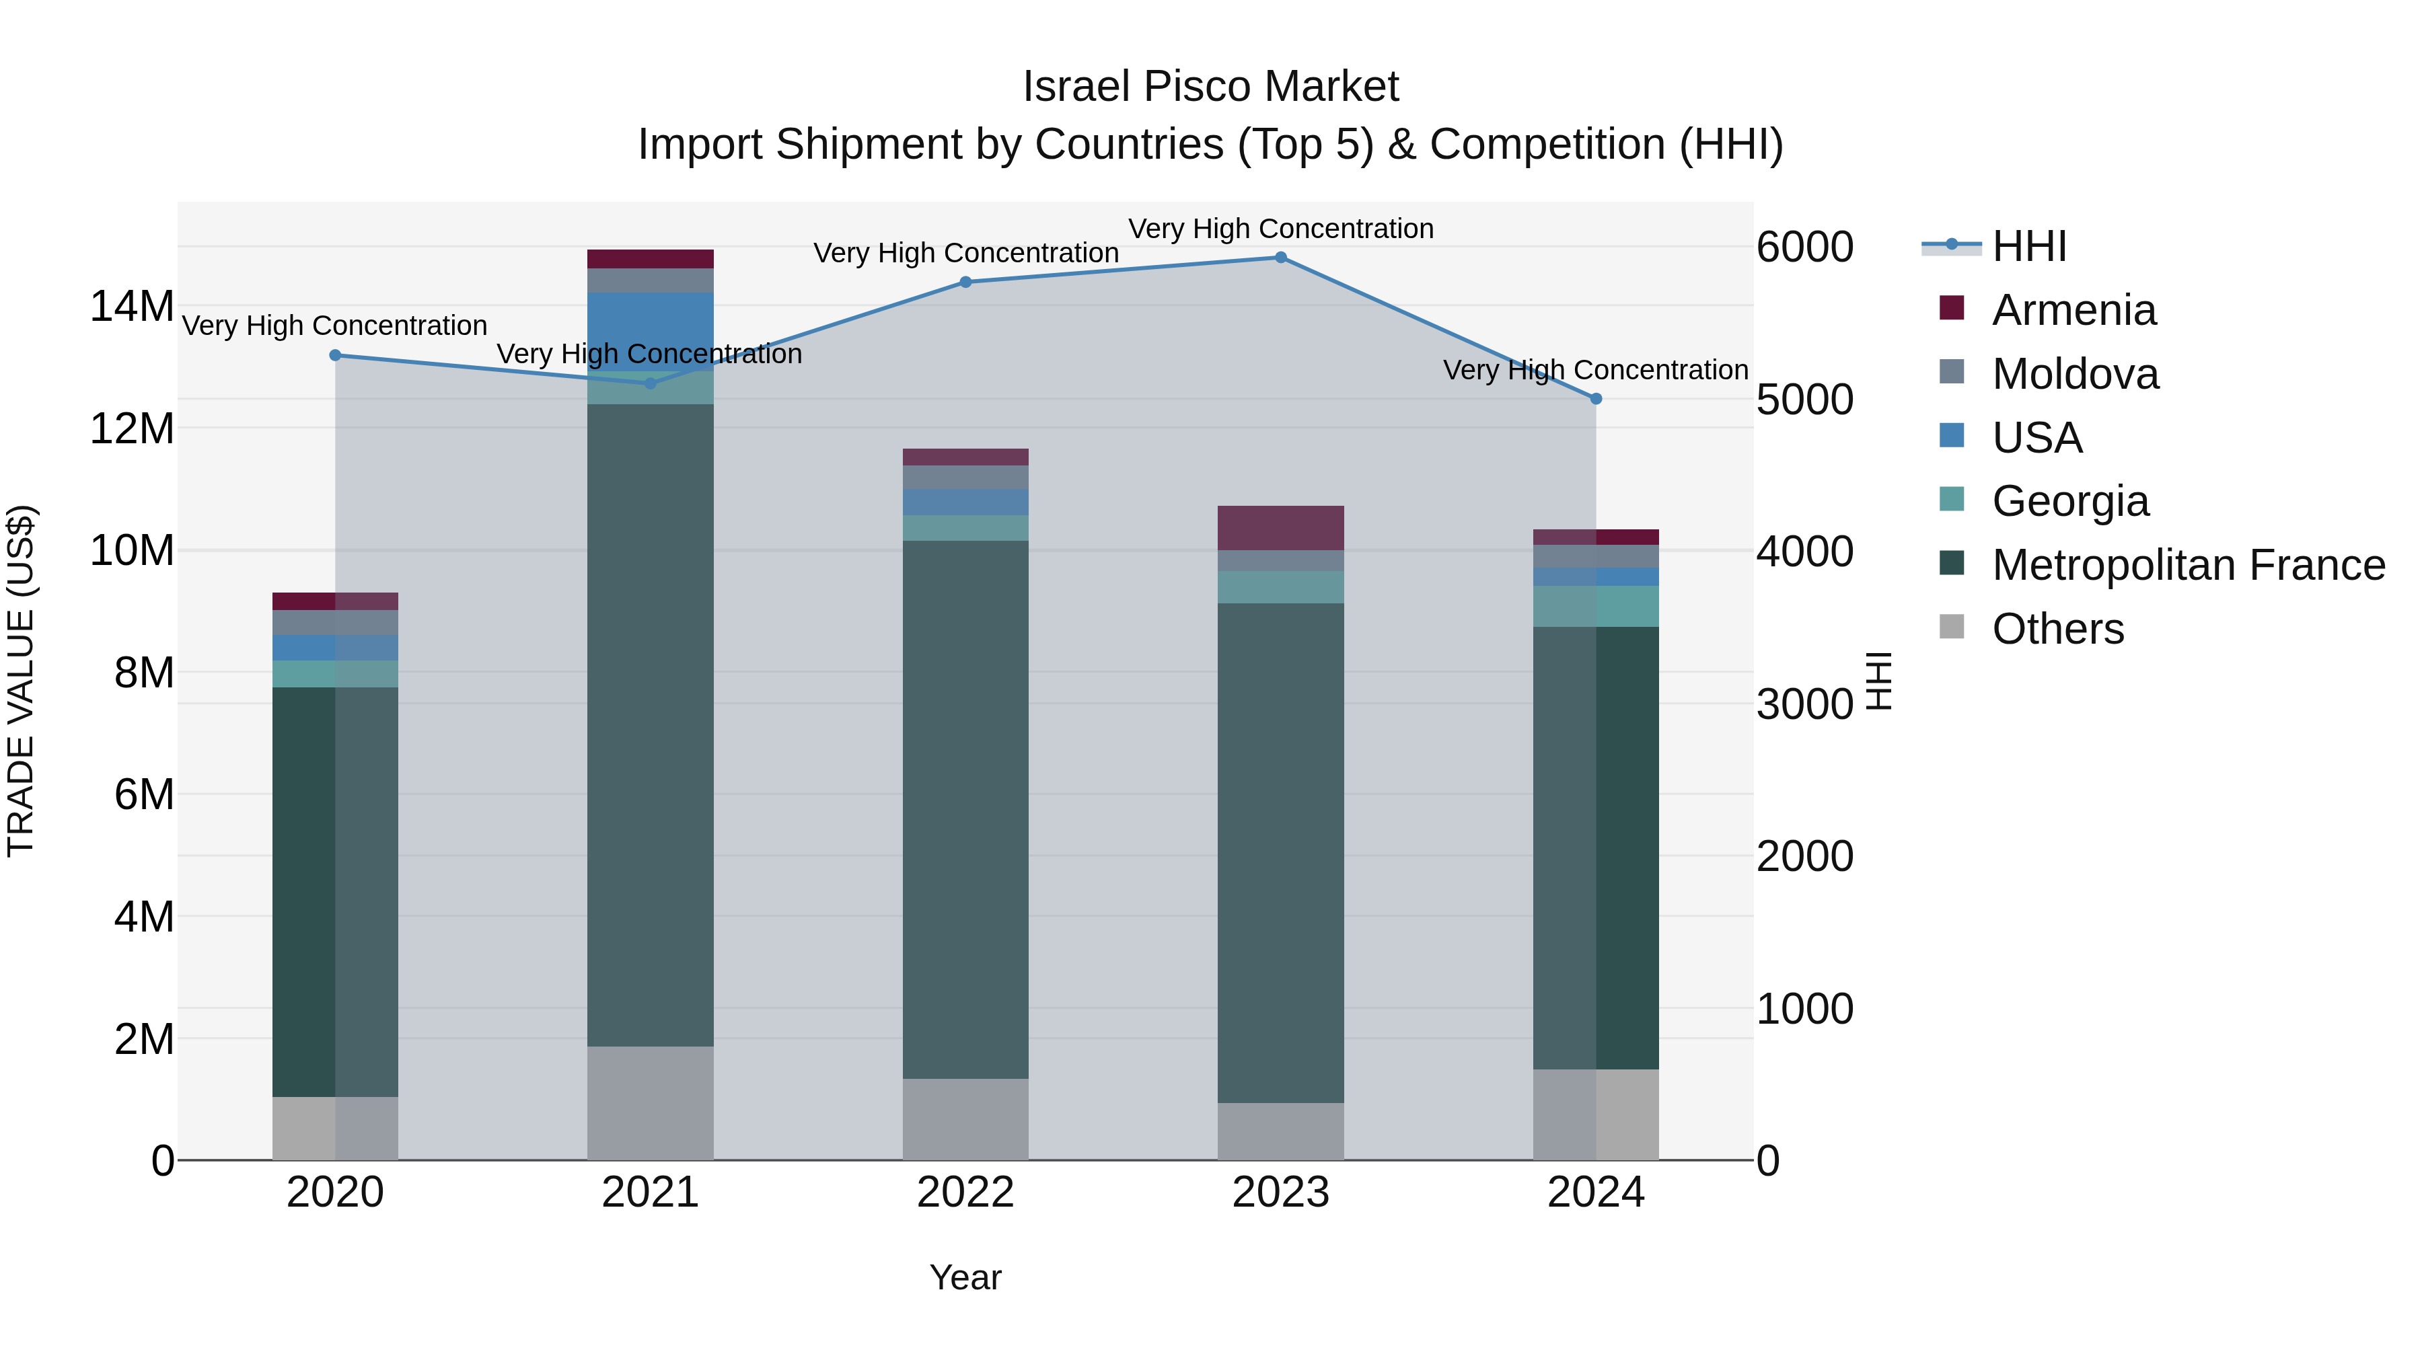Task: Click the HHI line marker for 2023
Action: point(1280,258)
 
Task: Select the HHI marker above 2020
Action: point(335,355)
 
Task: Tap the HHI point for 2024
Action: point(1596,399)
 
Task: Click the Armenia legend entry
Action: point(2074,310)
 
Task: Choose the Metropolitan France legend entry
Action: point(2188,566)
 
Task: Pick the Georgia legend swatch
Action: point(1952,499)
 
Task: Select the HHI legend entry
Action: point(2029,246)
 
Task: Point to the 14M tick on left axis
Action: point(132,307)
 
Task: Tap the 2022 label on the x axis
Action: point(965,1193)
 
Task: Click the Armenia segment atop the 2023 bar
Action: point(1280,527)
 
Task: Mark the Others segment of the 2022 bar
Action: point(965,1119)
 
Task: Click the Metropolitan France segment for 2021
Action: point(650,724)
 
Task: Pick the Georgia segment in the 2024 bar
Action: point(1596,606)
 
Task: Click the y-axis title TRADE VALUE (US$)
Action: point(21,681)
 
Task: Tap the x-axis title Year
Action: point(965,1277)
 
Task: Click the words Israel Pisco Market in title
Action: point(1210,87)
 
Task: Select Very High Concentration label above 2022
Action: point(965,253)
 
